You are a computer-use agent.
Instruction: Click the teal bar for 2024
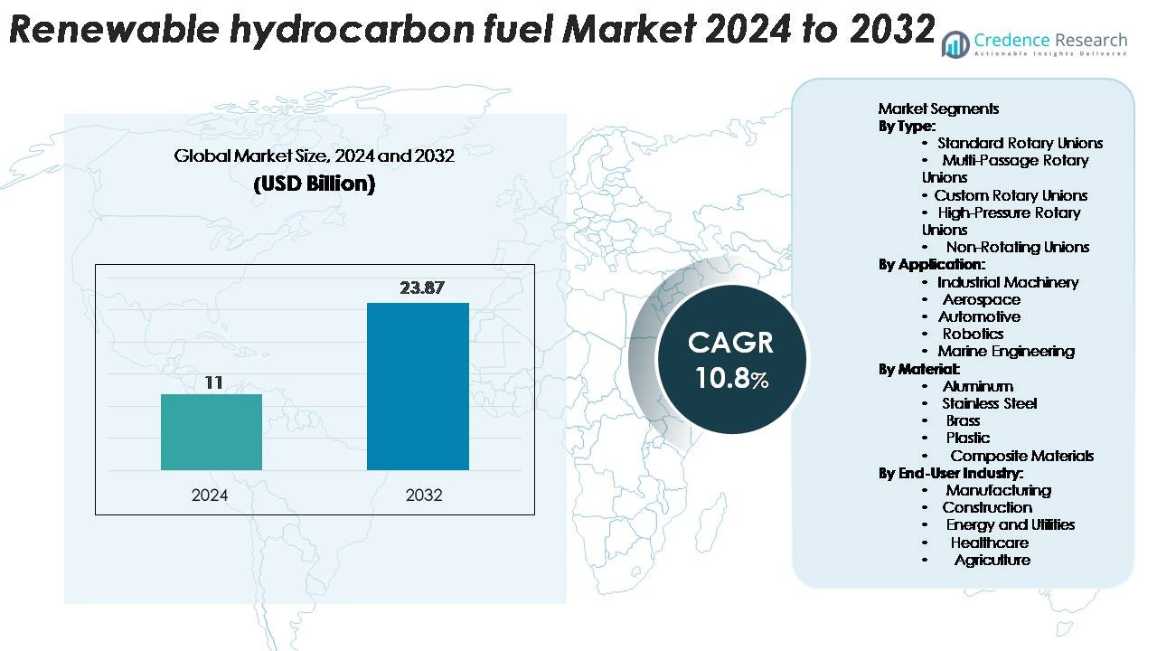(x=212, y=432)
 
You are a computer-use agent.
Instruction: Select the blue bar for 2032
(x=418, y=386)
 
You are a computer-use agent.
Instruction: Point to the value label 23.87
(x=422, y=288)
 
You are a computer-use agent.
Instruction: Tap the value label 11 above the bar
(x=212, y=382)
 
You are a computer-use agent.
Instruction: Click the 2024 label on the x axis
(x=210, y=495)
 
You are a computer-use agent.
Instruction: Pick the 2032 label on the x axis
(x=424, y=495)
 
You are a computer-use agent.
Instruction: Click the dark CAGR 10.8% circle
(x=731, y=360)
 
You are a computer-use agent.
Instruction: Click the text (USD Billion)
(x=314, y=184)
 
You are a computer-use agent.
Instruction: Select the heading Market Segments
(x=938, y=108)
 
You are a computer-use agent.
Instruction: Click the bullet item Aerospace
(x=981, y=299)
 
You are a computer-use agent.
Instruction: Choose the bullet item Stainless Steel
(x=989, y=403)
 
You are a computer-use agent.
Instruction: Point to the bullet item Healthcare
(x=989, y=542)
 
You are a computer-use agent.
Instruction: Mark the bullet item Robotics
(x=973, y=334)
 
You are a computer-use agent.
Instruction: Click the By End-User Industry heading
(x=950, y=473)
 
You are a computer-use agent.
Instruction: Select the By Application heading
(x=931, y=265)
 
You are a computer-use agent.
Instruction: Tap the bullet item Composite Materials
(x=1021, y=456)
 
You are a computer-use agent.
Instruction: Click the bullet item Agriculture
(x=992, y=560)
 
